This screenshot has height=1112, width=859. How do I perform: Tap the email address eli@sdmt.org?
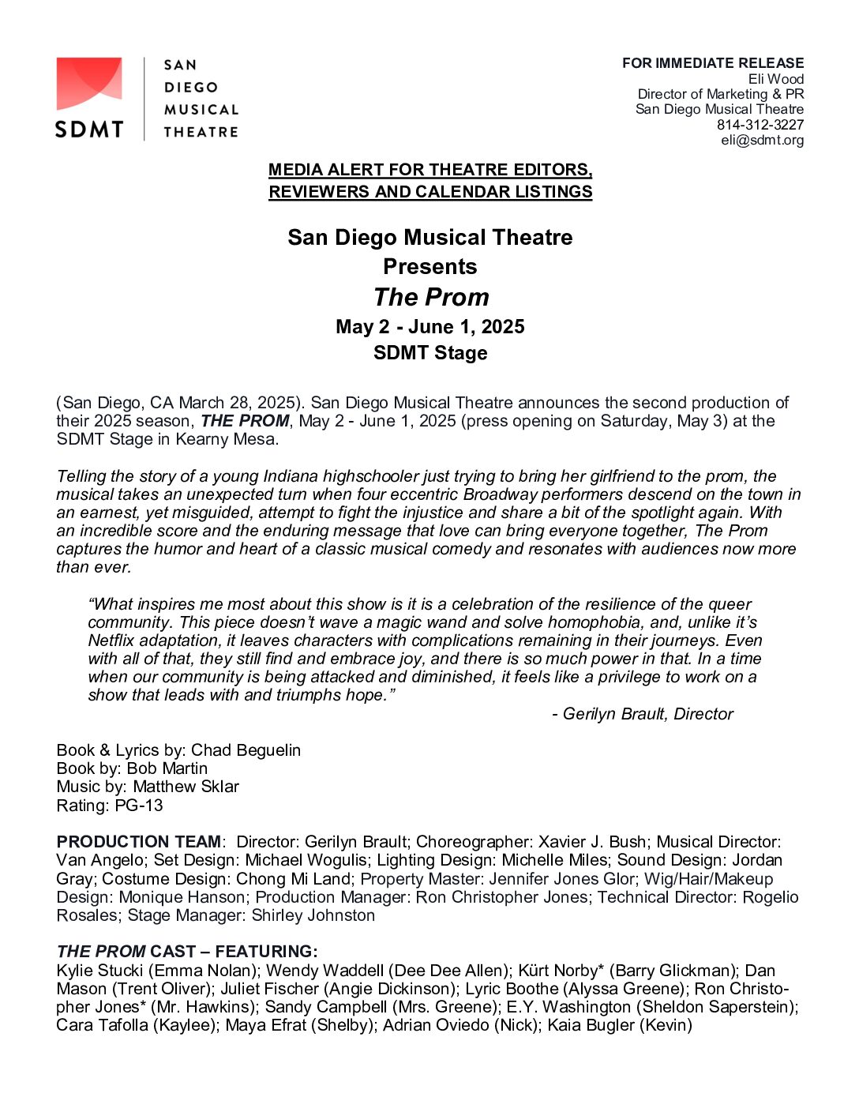pyautogui.click(x=762, y=141)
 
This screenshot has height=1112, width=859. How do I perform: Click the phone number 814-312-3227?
pyautogui.click(x=760, y=125)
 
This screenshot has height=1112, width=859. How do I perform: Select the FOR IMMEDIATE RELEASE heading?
pyautogui.click(x=713, y=63)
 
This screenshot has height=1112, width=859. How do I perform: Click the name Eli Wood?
pyautogui.click(x=776, y=79)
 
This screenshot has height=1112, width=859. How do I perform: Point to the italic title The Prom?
pyautogui.click(x=431, y=297)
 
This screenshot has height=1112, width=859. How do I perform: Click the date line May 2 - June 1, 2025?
pyautogui.click(x=430, y=327)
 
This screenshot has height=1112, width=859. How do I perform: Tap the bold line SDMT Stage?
pyautogui.click(x=430, y=353)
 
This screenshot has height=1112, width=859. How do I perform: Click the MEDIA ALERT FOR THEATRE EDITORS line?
pyautogui.click(x=430, y=170)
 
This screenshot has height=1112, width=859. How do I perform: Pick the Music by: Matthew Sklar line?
pyautogui.click(x=148, y=787)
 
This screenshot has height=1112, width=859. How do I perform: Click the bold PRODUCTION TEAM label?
pyautogui.click(x=139, y=842)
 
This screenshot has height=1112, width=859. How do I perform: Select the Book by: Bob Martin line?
pyautogui.click(x=132, y=768)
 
